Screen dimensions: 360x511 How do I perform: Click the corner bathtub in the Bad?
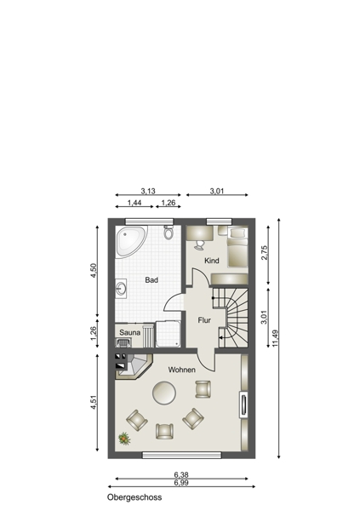tap(129, 240)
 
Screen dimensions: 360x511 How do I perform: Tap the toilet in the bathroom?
tap(169, 232)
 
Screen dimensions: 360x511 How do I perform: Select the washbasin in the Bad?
tap(121, 288)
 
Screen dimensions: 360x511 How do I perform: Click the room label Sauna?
tap(129, 332)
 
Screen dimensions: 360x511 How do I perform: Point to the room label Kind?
tap(211, 261)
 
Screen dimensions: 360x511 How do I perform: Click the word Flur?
tap(204, 320)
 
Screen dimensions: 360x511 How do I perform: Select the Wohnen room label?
tap(182, 370)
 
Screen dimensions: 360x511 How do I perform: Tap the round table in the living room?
tap(164, 393)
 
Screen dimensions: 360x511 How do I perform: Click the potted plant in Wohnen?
tap(124, 439)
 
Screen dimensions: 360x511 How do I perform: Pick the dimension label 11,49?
tap(275, 338)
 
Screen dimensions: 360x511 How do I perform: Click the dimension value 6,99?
tap(181, 483)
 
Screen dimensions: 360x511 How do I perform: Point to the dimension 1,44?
tap(134, 203)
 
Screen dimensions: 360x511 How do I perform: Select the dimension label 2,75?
tap(264, 252)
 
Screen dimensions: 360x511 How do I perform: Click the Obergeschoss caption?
tap(134, 497)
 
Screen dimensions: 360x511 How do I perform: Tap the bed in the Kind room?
tap(237, 247)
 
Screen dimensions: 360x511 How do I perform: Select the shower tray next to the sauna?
tap(168, 334)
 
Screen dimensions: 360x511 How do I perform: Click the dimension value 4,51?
tap(94, 402)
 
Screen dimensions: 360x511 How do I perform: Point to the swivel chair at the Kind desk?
tap(199, 244)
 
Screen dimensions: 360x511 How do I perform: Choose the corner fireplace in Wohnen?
tap(134, 366)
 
